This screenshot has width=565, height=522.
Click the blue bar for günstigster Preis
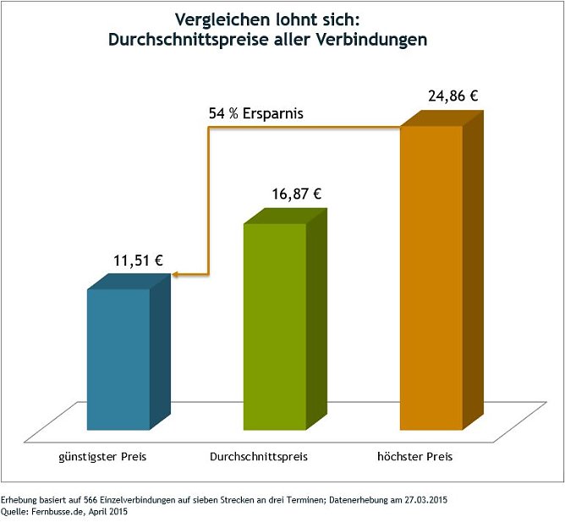point(118,360)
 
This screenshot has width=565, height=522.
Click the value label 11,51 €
point(138,260)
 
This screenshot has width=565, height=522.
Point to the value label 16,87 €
point(296,194)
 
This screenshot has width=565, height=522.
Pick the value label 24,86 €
point(453,96)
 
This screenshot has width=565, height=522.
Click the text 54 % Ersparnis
point(256,113)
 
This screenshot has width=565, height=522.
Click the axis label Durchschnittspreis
point(258,457)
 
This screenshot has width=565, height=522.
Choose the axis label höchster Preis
point(414,457)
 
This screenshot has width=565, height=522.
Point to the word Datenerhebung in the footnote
point(355,500)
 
